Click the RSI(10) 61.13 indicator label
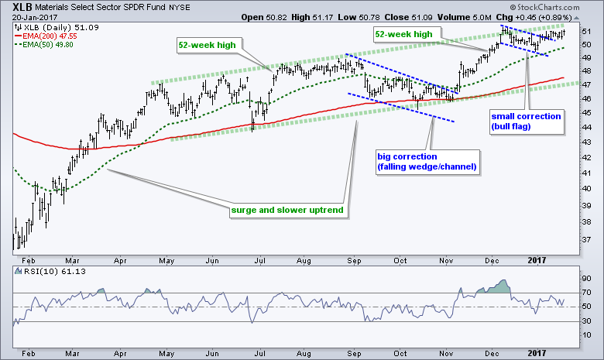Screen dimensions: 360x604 (45, 272)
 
